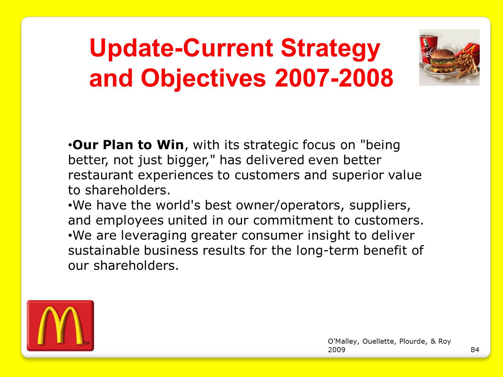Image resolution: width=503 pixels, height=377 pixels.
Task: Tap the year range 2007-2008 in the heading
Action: point(334,78)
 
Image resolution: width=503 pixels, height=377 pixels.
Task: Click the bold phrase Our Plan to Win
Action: point(128,145)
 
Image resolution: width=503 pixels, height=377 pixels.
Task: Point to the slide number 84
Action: point(475,350)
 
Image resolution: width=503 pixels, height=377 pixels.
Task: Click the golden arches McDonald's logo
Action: point(60,325)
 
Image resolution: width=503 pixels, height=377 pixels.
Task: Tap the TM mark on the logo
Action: point(86,343)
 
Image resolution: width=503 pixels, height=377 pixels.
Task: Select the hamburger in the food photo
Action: point(442,61)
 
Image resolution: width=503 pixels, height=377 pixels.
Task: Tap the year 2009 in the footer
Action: point(336,350)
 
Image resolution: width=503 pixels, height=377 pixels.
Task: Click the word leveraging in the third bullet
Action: point(153,236)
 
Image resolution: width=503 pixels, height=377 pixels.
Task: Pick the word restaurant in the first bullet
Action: point(101,175)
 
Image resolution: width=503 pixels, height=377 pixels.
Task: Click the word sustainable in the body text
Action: point(104,250)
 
